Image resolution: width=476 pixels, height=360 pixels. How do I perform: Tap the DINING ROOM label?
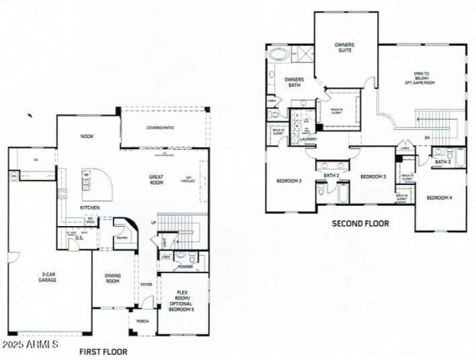[x=113, y=278]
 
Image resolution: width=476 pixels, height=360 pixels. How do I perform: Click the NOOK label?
[x=87, y=136]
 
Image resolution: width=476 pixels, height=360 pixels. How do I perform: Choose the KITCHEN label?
[x=90, y=208]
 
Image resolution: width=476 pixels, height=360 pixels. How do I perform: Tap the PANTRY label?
[x=122, y=237]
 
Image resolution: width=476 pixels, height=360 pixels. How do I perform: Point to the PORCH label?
[x=143, y=321]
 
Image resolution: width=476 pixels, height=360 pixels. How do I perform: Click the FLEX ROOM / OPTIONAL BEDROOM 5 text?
[x=183, y=301]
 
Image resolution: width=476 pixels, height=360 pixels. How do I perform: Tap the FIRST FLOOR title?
[x=104, y=352]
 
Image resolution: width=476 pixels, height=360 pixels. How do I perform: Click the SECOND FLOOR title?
[x=361, y=224]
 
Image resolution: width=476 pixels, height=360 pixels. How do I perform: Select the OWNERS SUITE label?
[x=344, y=48]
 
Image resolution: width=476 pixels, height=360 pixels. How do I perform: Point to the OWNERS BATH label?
[x=294, y=82]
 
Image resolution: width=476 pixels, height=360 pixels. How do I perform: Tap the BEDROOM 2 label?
[x=290, y=181]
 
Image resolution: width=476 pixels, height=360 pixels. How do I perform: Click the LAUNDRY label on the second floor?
[x=308, y=139]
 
